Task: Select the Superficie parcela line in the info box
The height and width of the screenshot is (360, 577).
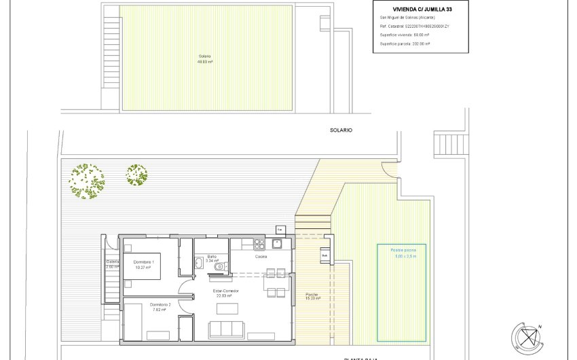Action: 405,43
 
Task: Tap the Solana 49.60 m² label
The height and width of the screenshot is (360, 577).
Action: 205,59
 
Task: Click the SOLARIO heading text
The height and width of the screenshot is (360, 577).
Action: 341,130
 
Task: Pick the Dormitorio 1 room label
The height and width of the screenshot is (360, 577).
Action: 143,265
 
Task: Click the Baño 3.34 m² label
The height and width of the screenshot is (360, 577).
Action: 212,259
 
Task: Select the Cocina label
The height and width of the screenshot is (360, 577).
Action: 261,257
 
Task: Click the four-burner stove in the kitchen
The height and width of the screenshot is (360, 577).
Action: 258,243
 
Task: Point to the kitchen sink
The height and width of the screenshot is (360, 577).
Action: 277,243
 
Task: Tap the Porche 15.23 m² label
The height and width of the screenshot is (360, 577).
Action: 312,297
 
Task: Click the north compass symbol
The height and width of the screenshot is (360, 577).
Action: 528,336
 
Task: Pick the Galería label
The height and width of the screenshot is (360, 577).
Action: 112,264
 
